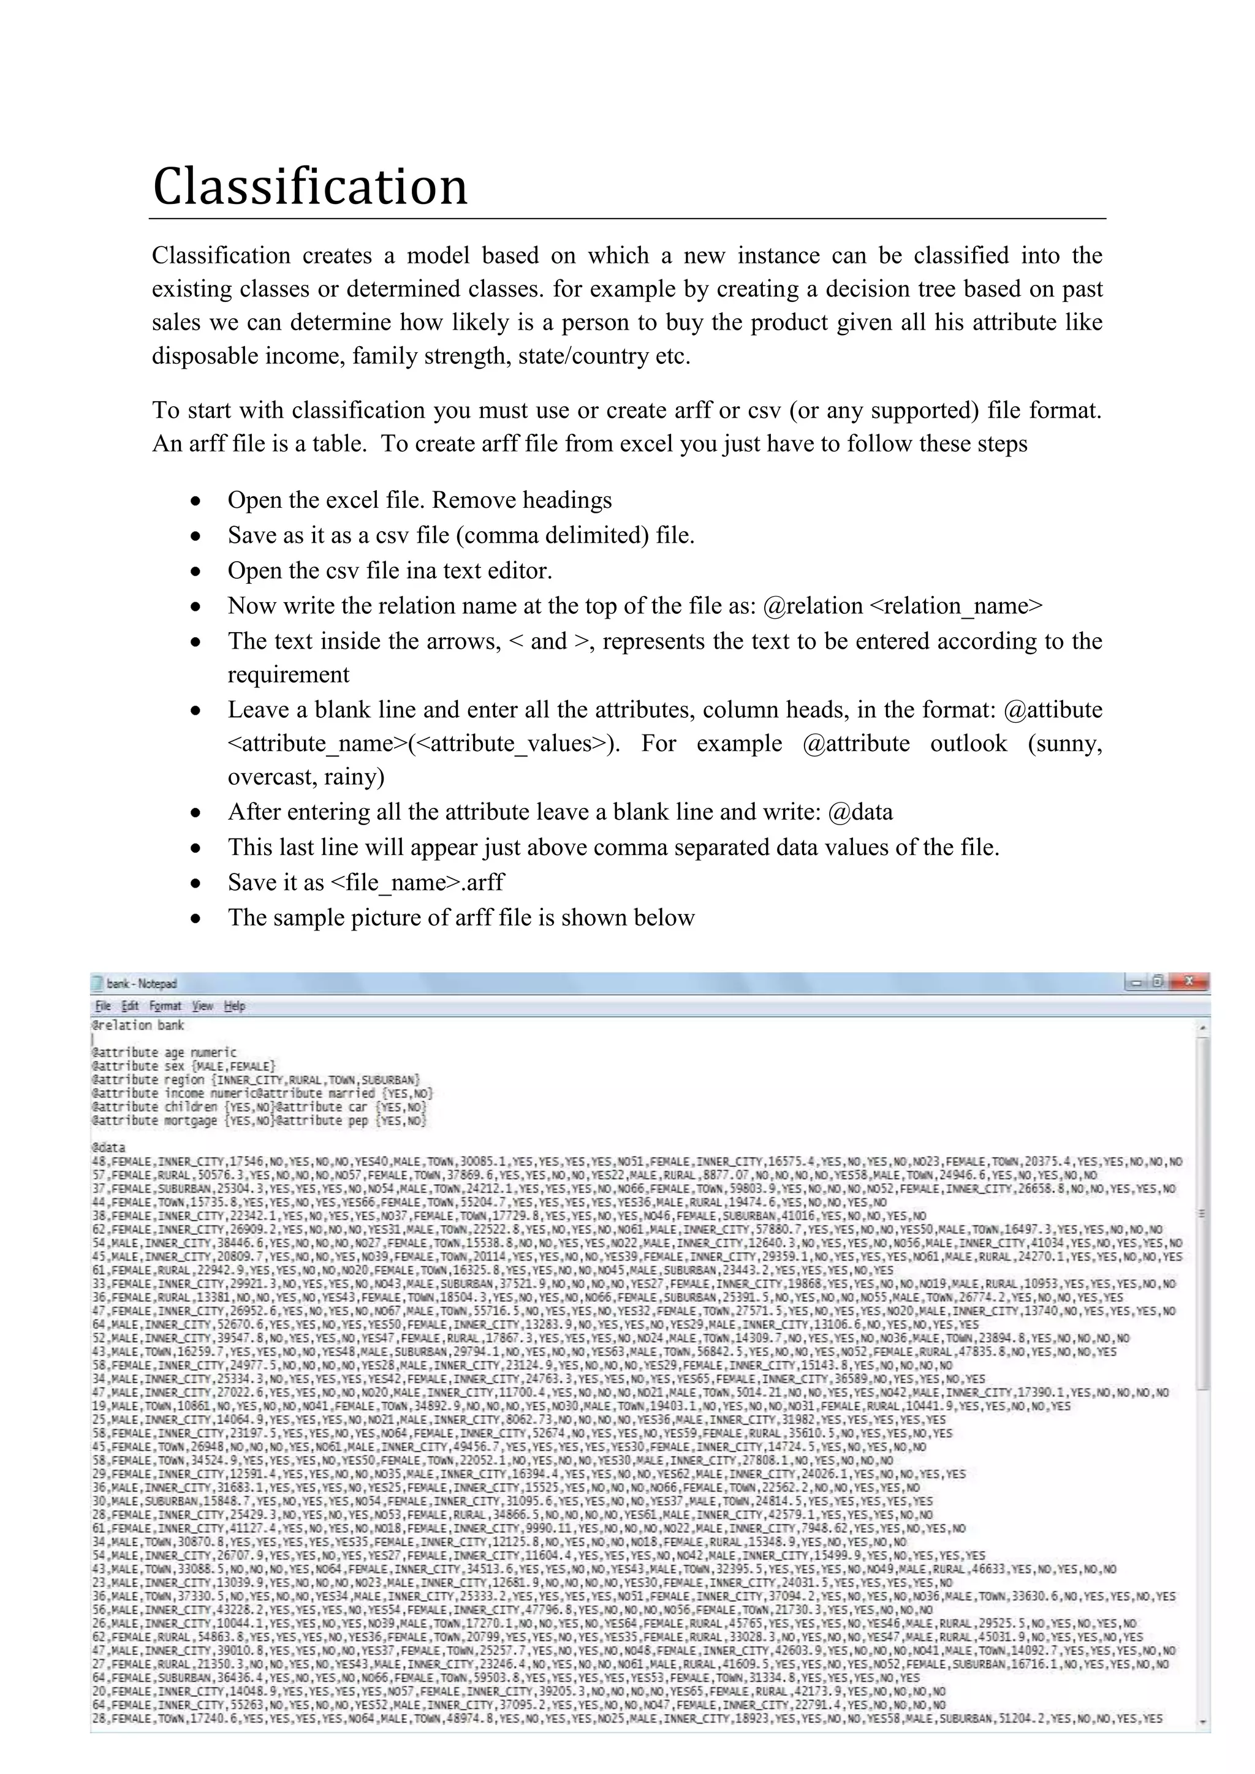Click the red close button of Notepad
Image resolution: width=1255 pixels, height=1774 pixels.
(x=1189, y=982)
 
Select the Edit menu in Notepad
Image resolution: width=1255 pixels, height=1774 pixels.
(x=130, y=1006)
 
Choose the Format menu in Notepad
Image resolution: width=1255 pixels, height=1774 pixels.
(x=165, y=1006)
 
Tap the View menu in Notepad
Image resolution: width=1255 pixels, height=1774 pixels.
(x=202, y=1006)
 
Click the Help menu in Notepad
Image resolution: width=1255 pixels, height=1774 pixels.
(x=234, y=1006)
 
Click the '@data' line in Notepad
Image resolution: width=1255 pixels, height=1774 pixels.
(x=108, y=1147)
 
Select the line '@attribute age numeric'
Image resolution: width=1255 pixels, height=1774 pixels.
(x=164, y=1052)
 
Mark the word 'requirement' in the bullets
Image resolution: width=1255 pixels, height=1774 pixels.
(x=288, y=675)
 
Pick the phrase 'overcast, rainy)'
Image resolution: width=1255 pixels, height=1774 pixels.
(x=305, y=777)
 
